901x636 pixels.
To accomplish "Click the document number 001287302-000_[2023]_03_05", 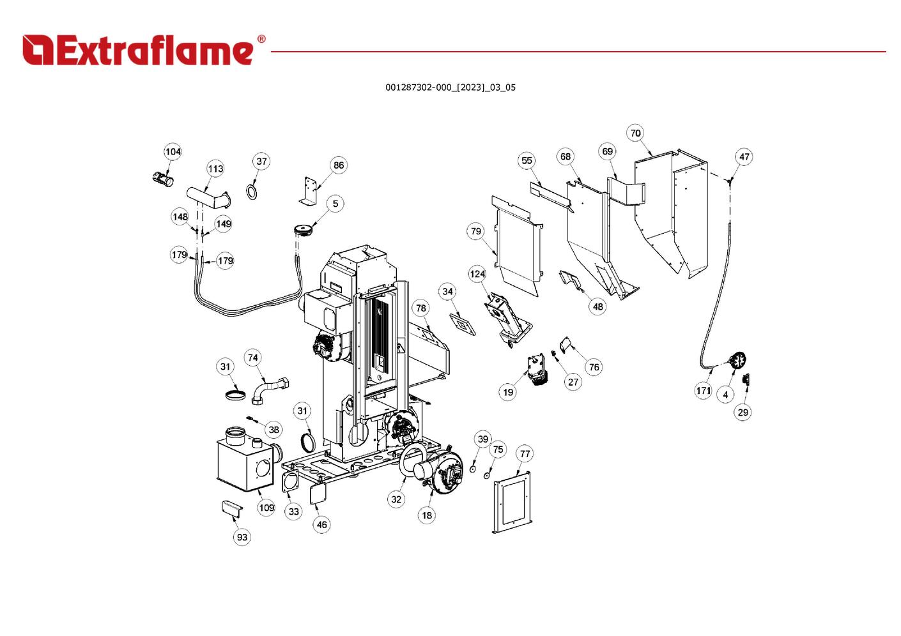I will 450,87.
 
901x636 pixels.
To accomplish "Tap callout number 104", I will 173,151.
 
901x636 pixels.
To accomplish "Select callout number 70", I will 635,133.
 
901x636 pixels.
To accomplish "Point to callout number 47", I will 744,156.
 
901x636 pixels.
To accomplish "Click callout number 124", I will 477,274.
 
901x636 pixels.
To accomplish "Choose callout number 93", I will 242,537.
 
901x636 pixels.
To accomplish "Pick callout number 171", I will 703,390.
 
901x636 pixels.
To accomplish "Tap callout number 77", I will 525,454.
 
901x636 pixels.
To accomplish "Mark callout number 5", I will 335,204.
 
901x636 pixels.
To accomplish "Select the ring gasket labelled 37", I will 253,191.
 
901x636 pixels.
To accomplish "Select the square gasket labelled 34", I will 463,324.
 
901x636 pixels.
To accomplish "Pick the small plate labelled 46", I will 318,495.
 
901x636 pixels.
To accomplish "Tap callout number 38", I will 273,430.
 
